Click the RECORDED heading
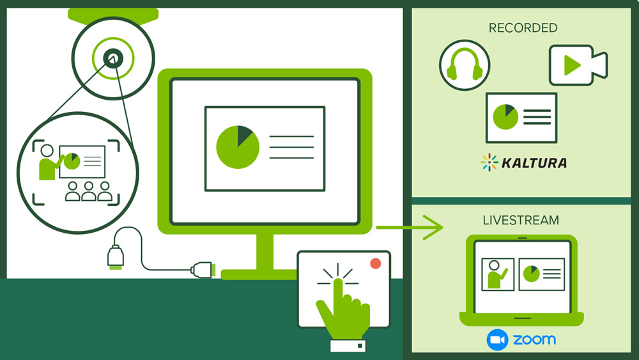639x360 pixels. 523,28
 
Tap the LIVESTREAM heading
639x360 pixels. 521,221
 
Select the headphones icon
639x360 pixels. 465,65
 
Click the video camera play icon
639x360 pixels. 577,65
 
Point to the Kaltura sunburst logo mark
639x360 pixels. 489,162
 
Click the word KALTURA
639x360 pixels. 534,163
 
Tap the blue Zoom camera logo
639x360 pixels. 497,340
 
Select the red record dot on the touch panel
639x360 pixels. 375,263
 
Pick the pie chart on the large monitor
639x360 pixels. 238,147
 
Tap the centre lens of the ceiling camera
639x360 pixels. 113,58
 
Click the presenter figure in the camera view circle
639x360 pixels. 47,162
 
